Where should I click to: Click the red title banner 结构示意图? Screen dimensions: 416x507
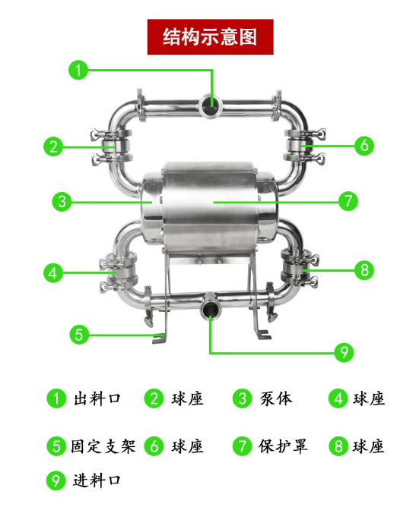coord(210,37)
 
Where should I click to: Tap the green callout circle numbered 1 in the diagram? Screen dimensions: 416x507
coord(78,70)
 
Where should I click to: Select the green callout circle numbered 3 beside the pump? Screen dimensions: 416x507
coord(62,202)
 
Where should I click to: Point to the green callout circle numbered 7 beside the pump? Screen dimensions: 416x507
coord(348,201)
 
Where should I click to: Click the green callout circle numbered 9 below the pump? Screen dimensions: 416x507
coord(344,352)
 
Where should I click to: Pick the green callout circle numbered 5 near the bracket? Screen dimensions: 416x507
coord(79,334)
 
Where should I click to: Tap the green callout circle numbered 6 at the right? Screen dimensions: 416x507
coord(364,146)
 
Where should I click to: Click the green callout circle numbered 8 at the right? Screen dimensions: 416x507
coord(364,270)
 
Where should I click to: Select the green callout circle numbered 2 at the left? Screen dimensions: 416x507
coord(53,146)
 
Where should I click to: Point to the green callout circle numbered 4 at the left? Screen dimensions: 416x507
coord(53,273)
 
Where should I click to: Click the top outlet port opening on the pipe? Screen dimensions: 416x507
coord(210,105)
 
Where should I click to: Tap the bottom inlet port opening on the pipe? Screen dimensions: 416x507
coord(211,310)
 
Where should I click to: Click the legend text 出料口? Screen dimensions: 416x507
coord(97,398)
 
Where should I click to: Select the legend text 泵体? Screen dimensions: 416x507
coord(276,398)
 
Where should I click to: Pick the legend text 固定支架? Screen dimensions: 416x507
coord(103,446)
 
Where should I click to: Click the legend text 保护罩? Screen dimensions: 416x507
coord(283,446)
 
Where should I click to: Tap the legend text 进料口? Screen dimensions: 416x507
coord(97,480)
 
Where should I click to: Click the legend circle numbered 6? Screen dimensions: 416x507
coord(154,446)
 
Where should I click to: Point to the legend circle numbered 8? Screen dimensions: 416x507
coord(338,446)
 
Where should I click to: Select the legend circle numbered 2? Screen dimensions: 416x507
coord(154,398)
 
